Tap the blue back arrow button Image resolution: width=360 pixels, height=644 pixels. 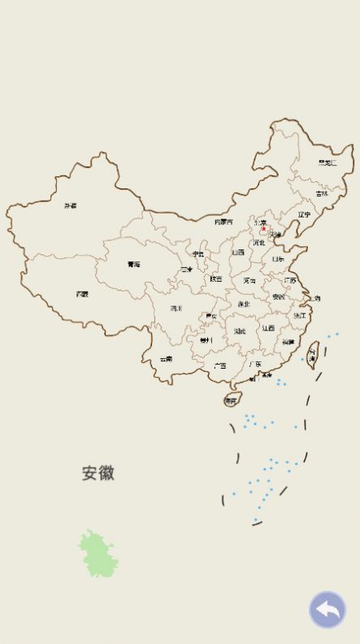click(327, 610)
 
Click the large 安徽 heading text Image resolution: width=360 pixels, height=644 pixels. click(98, 473)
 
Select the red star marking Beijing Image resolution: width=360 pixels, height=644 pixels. click(262, 229)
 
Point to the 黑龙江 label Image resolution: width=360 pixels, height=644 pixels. click(327, 162)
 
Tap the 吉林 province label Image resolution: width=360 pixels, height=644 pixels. click(323, 194)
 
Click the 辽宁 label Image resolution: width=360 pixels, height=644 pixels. click(304, 214)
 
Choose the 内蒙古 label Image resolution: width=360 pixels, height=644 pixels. click(223, 222)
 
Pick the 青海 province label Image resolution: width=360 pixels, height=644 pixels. click(133, 264)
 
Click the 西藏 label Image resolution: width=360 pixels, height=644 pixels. click(82, 294)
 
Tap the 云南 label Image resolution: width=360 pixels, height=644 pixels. click(166, 358)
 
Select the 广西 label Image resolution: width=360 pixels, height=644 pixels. click(219, 365)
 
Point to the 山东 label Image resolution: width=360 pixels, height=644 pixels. click(278, 259)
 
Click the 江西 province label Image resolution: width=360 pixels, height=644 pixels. click(268, 328)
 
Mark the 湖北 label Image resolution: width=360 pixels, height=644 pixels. click(244, 304)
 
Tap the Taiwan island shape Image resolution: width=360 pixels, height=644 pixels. click(311, 357)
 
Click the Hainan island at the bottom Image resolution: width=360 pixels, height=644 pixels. click(232, 400)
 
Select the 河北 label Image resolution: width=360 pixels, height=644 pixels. click(259, 242)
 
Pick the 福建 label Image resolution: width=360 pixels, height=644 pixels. click(288, 342)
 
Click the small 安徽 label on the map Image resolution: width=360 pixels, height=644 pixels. click(279, 297)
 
